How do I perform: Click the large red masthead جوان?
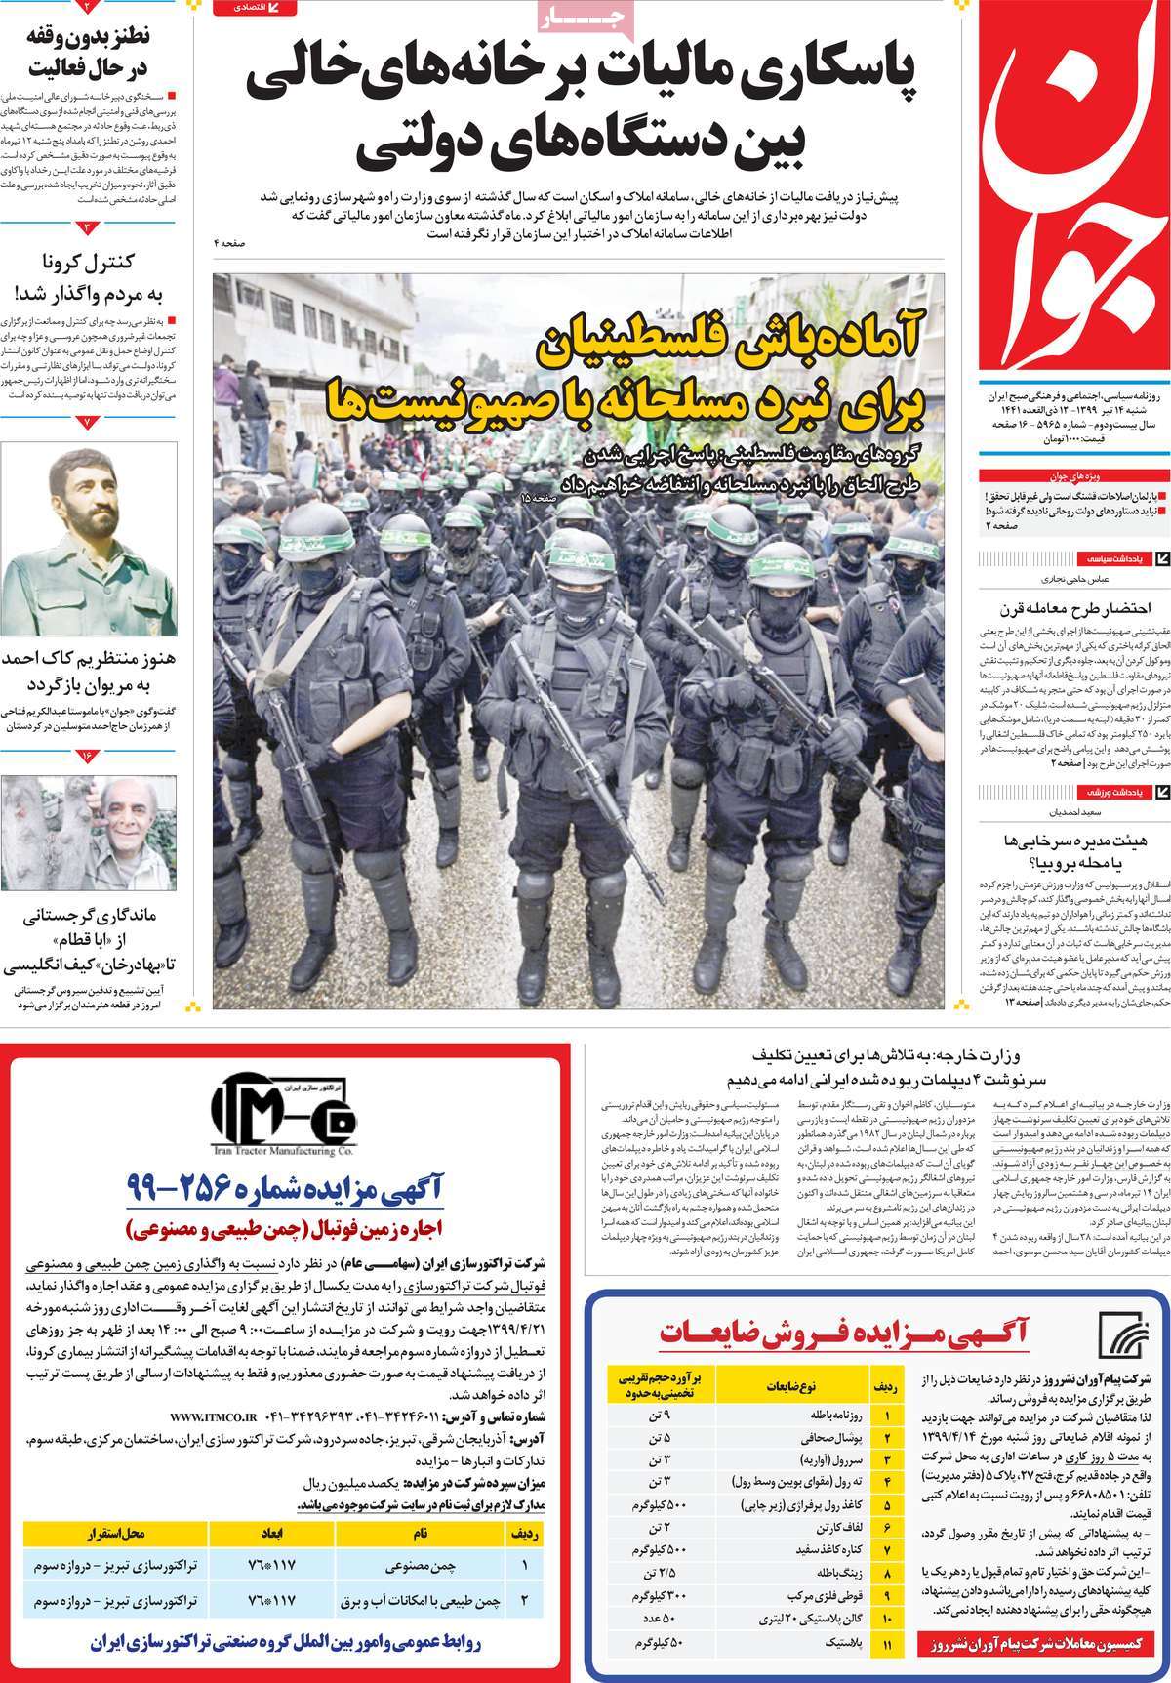(x=1073, y=185)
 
